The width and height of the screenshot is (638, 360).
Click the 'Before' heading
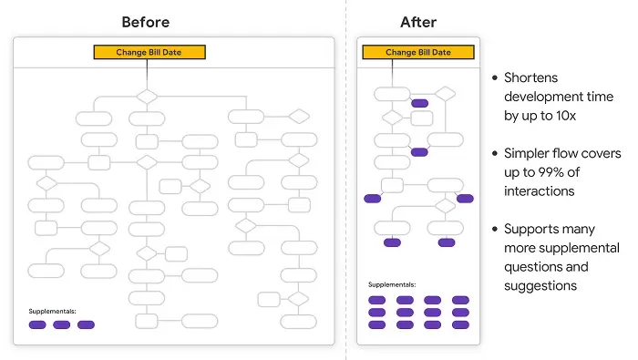pyautogui.click(x=146, y=22)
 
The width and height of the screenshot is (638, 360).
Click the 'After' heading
pyautogui.click(x=418, y=22)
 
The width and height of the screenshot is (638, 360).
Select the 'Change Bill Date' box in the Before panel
pyautogui.click(x=149, y=52)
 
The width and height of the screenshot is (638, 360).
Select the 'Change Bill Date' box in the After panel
pyautogui.click(x=418, y=52)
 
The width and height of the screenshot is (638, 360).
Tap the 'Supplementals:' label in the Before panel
pyautogui.click(x=52, y=311)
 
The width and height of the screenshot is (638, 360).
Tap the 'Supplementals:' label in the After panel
pyautogui.click(x=392, y=284)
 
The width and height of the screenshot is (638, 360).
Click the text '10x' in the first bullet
pyautogui.click(x=566, y=116)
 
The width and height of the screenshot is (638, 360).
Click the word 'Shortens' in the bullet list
pyautogui.click(x=531, y=77)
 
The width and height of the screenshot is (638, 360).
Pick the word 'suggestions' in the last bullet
pyautogui.click(x=540, y=286)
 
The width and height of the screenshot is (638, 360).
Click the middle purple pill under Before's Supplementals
pyautogui.click(x=61, y=324)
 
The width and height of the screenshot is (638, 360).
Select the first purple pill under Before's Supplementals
pyautogui.click(x=37, y=324)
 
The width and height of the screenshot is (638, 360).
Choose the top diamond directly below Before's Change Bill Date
pyautogui.click(x=147, y=97)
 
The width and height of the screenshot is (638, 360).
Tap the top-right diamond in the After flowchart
pyautogui.click(x=445, y=94)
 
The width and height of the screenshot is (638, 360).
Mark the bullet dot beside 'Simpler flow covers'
pyautogui.click(x=495, y=153)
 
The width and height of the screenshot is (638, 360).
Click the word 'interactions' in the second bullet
pyautogui.click(x=540, y=191)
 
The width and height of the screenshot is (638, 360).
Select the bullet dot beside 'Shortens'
pyautogui.click(x=495, y=77)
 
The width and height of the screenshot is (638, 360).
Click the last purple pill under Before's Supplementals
pyautogui.click(x=86, y=324)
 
